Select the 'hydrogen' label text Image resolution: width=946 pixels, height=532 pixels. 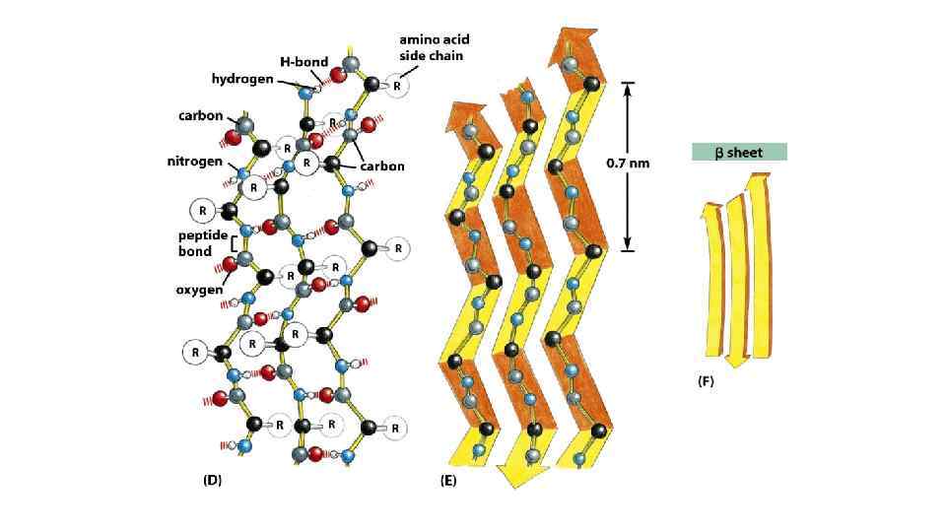242,78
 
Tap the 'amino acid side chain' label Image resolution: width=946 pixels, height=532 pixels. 434,47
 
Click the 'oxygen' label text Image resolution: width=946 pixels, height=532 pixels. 199,290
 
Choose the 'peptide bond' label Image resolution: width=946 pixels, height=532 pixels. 202,243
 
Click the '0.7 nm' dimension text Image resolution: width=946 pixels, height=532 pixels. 628,164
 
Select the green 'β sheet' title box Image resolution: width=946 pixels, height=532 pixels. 738,153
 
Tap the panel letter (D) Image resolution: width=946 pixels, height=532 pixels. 212,480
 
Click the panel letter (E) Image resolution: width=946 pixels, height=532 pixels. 446,483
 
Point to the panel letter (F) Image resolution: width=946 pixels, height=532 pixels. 706,381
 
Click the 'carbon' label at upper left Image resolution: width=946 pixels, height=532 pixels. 200,115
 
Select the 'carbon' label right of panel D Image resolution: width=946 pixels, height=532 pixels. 381,166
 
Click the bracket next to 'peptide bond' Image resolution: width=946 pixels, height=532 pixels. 234,243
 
